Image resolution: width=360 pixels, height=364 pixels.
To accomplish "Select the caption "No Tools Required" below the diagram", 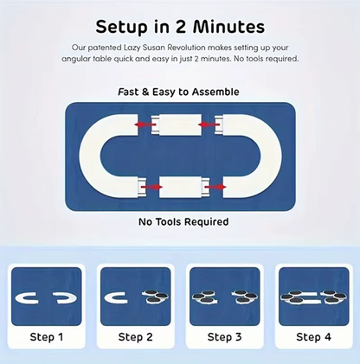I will click(183, 222).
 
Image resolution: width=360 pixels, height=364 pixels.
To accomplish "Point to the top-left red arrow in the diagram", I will click(145, 125).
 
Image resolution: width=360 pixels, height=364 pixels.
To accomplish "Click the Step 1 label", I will click(47, 336).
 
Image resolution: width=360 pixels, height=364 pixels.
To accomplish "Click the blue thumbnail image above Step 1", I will click(47, 296).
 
